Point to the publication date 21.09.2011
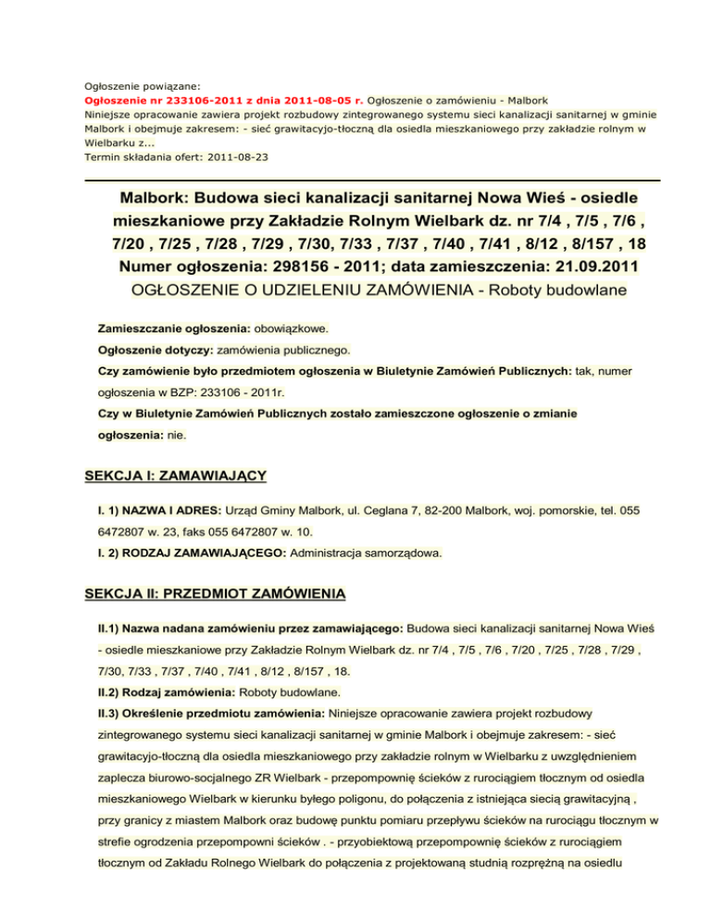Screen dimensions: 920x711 click(x=584, y=267)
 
